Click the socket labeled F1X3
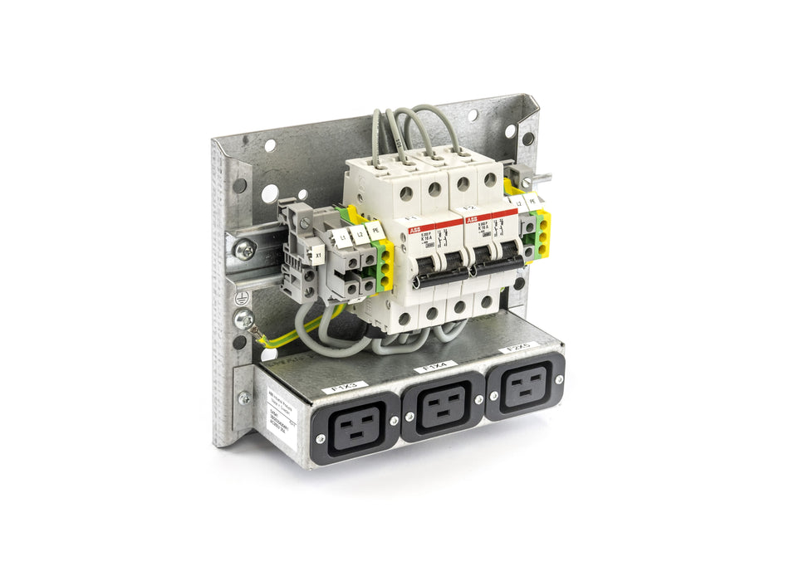355,429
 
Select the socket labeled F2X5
525,385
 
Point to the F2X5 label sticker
519,346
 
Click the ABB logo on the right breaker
473,220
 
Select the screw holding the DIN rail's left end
244,249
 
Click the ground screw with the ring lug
244,319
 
